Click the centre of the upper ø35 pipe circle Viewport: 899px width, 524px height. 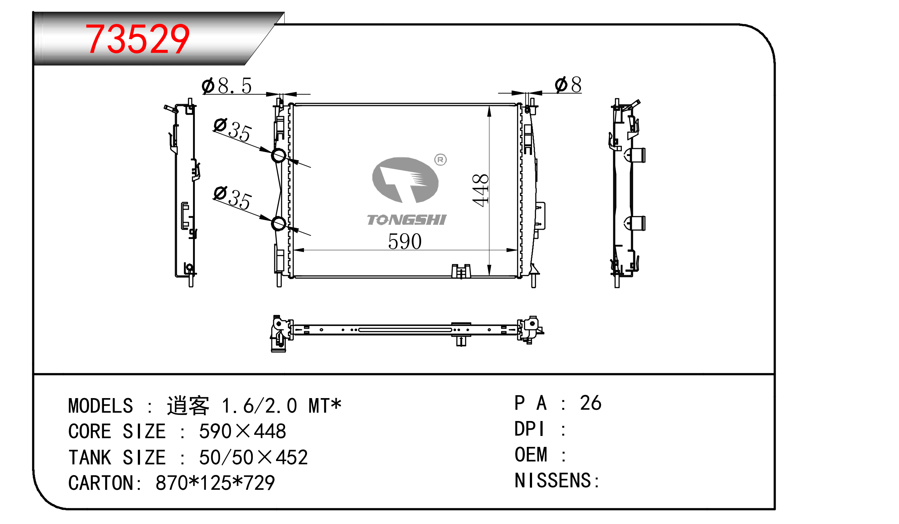click(279, 156)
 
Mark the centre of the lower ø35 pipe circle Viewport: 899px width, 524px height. click(279, 223)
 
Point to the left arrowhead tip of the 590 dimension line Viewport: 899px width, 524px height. click(293, 250)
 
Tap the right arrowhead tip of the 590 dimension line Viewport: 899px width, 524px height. click(517, 250)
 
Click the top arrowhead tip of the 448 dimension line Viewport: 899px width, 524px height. click(490, 106)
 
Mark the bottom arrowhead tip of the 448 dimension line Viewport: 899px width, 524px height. click(490, 276)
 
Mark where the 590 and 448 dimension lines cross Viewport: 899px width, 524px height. click(490, 250)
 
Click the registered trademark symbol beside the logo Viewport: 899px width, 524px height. click(440, 159)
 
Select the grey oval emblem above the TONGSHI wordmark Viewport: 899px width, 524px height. click(405, 180)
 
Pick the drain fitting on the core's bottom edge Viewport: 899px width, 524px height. click(461, 271)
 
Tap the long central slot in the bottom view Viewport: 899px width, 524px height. click(405, 330)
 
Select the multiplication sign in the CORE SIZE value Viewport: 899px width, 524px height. click(243, 431)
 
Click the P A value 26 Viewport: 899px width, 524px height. click(591, 403)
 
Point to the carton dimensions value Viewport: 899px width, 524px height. click(215, 483)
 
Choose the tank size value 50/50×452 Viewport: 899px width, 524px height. click(253, 457)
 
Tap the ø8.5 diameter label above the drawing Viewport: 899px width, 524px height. click(227, 86)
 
